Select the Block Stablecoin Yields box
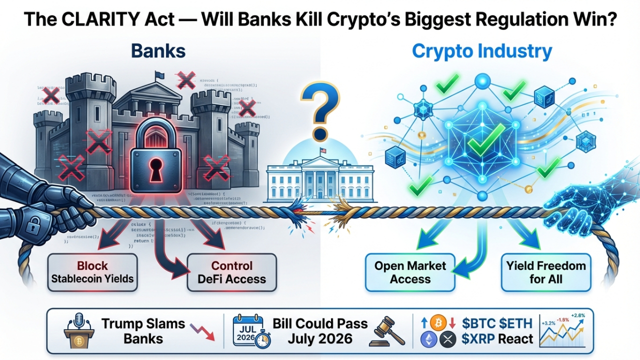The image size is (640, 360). [x=92, y=272]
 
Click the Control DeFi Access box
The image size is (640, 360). [x=231, y=272]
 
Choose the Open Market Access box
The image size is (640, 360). [x=410, y=272]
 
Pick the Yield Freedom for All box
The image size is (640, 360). [x=546, y=272]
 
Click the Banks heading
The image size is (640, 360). [x=158, y=51]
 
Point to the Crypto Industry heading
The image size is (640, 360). [x=482, y=51]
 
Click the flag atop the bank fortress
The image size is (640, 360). [x=159, y=75]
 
